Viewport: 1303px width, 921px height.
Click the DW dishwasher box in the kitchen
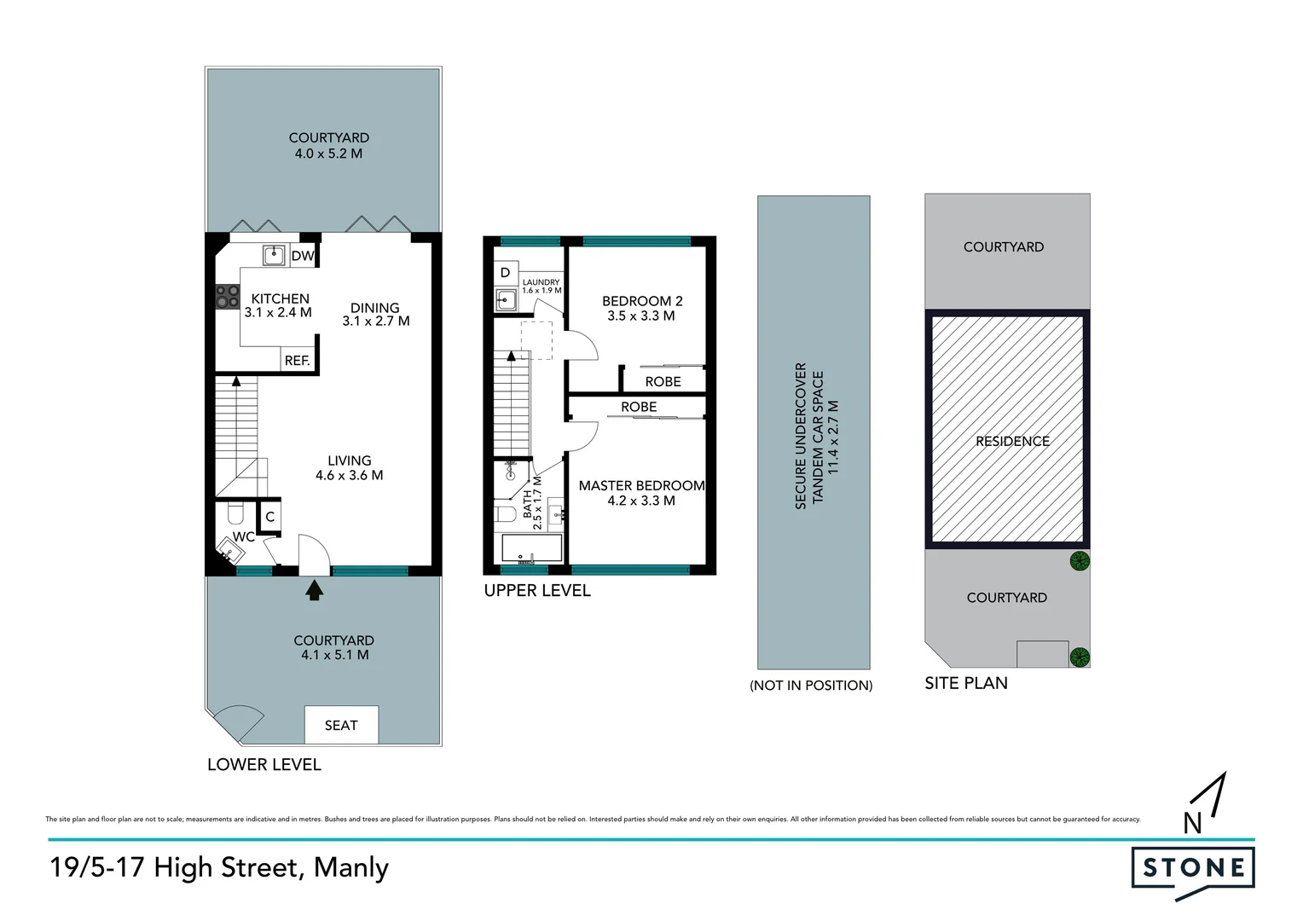pos(303,256)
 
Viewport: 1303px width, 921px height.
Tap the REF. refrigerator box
pos(297,360)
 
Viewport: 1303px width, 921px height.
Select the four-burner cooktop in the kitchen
pos(227,296)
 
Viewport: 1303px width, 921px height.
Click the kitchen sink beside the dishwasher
pos(273,254)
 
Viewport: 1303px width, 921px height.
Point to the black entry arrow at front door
pos(315,589)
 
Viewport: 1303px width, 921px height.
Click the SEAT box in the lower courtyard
pos(341,725)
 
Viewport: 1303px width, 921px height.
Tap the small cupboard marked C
pos(269,517)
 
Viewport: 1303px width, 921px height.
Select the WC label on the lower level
pos(244,536)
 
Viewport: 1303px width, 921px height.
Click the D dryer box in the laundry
pos(505,273)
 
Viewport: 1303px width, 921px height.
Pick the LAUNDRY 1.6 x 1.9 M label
pos(541,286)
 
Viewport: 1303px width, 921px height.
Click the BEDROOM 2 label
pos(641,308)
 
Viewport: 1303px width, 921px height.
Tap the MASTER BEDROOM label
pos(641,493)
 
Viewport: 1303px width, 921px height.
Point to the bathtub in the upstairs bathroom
pos(531,547)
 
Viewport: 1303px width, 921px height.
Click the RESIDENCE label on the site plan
pos(1012,441)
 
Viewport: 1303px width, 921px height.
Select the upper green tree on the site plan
pos(1080,561)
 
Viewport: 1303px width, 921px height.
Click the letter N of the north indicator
pos(1192,823)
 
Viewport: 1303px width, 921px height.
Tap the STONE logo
pos(1193,868)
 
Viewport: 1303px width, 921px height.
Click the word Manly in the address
pos(350,867)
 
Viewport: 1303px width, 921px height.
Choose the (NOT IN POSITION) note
pos(811,686)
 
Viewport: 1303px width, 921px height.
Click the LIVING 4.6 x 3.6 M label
pos(349,467)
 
